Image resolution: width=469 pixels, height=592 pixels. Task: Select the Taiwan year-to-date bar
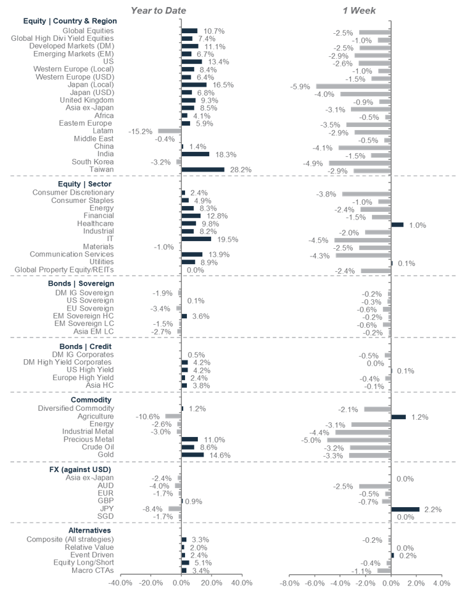(203, 170)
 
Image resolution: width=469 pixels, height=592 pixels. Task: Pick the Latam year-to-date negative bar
(170, 131)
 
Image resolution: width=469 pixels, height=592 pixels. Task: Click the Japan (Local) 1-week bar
(353, 85)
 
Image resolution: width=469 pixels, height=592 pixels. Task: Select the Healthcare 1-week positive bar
(397, 225)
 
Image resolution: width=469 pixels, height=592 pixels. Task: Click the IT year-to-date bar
(196, 239)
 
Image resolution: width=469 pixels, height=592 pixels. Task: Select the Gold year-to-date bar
(193, 455)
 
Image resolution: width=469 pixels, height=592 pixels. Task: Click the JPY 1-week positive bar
(405, 509)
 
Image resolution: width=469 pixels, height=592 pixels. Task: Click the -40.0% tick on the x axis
(121, 583)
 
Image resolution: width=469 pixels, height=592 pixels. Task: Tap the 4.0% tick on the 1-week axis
(441, 583)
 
